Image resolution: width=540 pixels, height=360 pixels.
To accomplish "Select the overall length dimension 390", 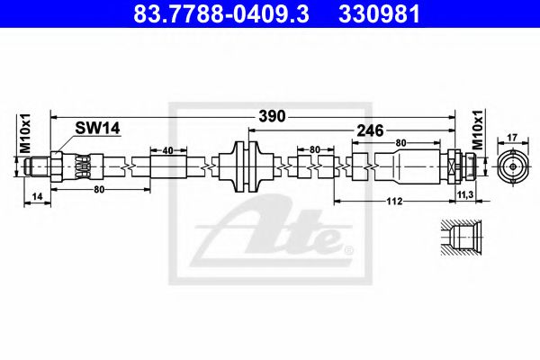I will coord(273,115).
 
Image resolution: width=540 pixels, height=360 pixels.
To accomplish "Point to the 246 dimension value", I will coord(371,130).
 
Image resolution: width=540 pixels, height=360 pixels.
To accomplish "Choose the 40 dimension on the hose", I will coord(168,150).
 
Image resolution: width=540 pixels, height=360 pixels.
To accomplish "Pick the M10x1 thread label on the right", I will coord(478,132).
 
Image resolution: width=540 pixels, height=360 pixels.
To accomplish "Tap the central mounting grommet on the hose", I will coord(246,167).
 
